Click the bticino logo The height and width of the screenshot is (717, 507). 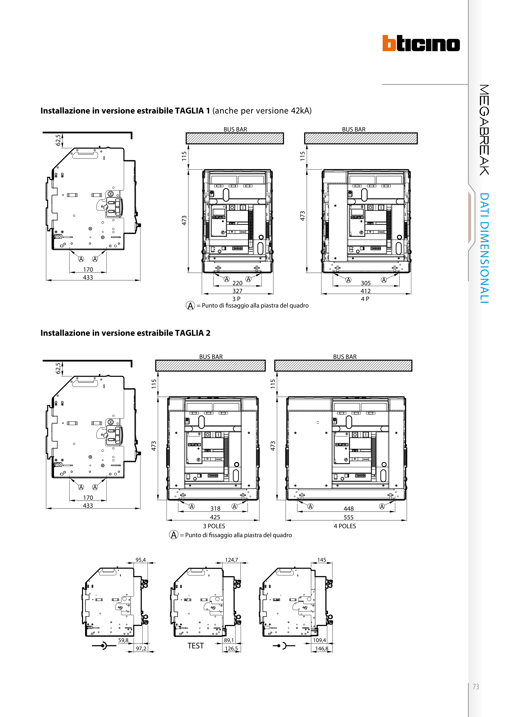coord(421,43)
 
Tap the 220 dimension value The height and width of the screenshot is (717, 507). coord(237,283)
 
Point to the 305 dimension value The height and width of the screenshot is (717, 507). coord(366,283)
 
